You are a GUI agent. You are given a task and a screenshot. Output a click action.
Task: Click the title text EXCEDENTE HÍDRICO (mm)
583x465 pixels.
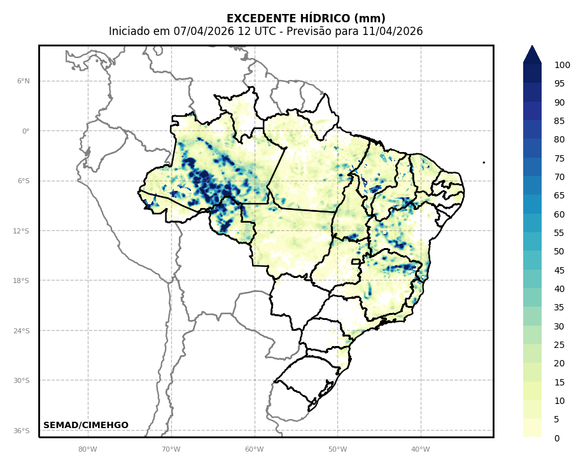click(x=306, y=18)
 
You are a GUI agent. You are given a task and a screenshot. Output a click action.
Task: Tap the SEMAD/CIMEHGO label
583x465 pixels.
click(x=86, y=425)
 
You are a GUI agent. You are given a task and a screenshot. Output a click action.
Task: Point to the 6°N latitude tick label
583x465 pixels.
click(x=24, y=81)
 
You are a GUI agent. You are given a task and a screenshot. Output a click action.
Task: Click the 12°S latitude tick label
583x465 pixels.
click(x=21, y=231)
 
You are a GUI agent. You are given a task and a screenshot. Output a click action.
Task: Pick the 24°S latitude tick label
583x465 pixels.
click(x=21, y=331)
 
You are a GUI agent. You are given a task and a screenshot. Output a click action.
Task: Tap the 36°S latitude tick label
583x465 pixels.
click(x=21, y=431)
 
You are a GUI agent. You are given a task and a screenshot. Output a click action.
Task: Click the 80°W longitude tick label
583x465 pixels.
click(x=88, y=449)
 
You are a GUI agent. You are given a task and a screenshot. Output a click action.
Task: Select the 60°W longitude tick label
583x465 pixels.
click(x=255, y=449)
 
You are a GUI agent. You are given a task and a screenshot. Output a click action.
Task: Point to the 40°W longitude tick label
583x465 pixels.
click(x=421, y=449)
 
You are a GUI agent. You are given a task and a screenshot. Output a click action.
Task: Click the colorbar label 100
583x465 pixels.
click(x=562, y=65)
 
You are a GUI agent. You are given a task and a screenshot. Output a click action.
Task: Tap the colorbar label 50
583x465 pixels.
click(x=559, y=251)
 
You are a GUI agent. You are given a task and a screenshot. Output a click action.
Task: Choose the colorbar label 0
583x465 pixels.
click(x=557, y=438)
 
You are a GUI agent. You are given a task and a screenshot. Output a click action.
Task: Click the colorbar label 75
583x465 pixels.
click(x=559, y=158)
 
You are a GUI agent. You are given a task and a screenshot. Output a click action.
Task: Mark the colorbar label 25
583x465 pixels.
click(x=559, y=345)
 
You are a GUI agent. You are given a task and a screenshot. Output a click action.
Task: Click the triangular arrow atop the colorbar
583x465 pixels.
click(x=532, y=54)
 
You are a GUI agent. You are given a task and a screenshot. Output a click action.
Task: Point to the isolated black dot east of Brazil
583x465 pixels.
click(x=484, y=162)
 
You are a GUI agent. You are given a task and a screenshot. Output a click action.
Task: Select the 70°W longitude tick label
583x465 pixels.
click(x=171, y=449)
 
